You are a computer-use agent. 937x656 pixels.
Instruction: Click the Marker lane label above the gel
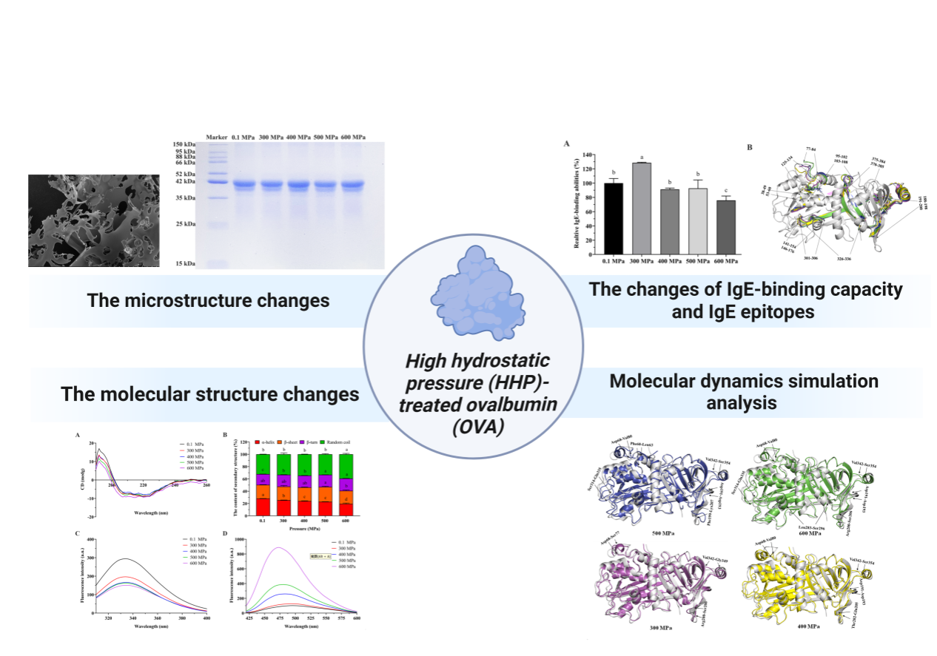coord(216,138)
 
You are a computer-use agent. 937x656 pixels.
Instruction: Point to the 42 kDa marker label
coord(184,181)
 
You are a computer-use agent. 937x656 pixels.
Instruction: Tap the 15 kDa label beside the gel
coord(184,263)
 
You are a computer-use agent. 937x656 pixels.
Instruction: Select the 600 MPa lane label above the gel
coord(354,138)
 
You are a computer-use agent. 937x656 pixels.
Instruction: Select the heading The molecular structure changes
coord(210,394)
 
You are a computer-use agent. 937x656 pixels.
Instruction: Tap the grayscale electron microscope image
coord(93,220)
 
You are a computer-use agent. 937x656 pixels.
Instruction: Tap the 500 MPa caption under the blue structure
coord(662,532)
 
